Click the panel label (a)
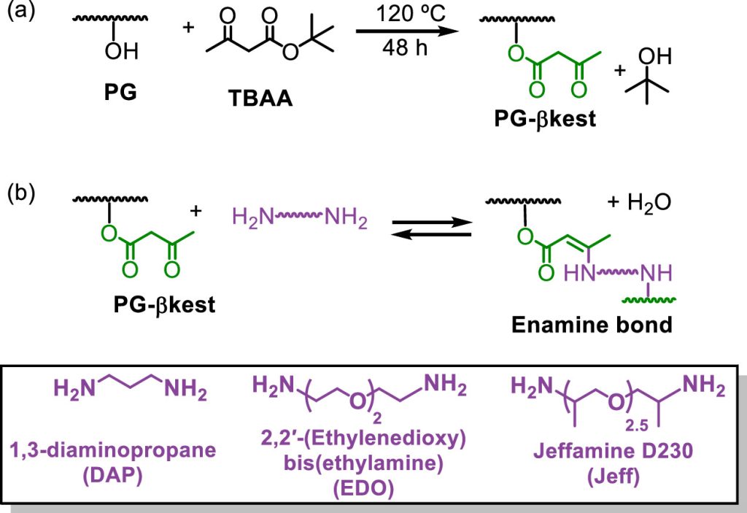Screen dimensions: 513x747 (x=21, y=14)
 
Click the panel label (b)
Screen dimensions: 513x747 (x=21, y=193)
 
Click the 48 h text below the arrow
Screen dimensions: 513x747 (x=403, y=48)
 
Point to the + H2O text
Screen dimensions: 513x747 (x=635, y=201)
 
